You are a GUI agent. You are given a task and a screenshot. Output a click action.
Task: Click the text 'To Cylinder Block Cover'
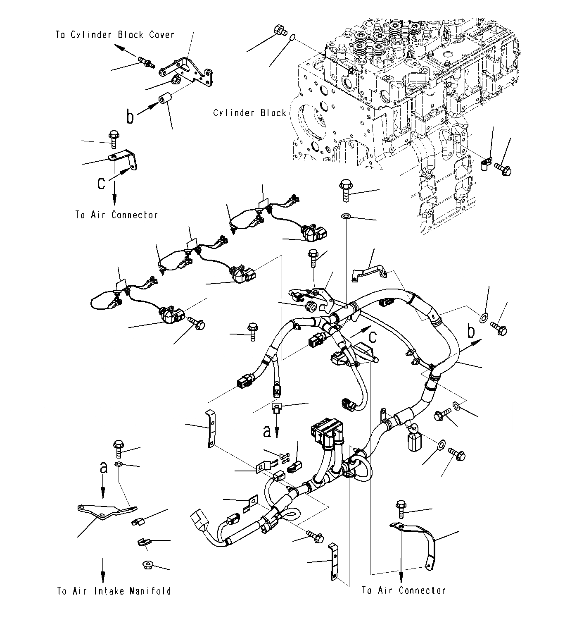pyautogui.click(x=115, y=35)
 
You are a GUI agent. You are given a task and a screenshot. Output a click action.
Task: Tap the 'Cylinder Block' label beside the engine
pyautogui.click(x=249, y=113)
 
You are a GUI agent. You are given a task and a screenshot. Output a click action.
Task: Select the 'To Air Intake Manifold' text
pyautogui.click(x=114, y=591)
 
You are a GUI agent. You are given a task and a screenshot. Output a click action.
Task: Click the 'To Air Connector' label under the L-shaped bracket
pyautogui.click(x=116, y=215)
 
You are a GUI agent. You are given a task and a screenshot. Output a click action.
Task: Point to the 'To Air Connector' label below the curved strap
pyautogui.click(x=404, y=590)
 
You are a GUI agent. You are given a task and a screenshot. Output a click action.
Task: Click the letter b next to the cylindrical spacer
pyautogui.click(x=130, y=117)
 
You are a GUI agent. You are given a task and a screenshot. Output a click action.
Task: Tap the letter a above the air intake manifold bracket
pyautogui.click(x=103, y=467)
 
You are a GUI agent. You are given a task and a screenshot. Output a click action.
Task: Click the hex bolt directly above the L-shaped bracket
pyautogui.click(x=113, y=139)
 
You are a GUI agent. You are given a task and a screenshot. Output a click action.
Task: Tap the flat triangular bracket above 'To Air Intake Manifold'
pyautogui.click(x=105, y=511)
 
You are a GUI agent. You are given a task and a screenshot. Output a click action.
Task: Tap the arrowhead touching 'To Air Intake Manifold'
pyautogui.click(x=103, y=577)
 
